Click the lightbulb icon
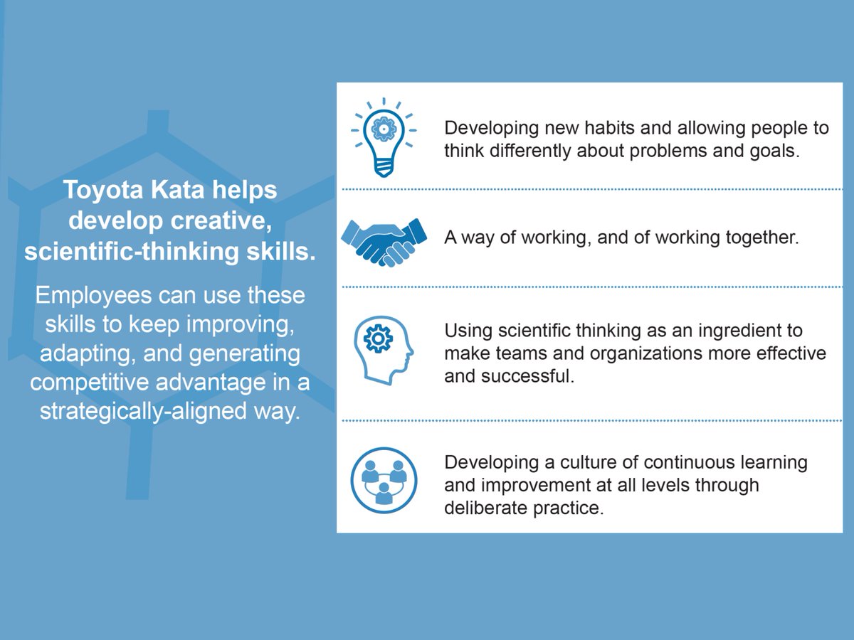[x=384, y=137]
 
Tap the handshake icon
[x=384, y=242]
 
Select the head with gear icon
[x=384, y=350]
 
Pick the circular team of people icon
[x=384, y=480]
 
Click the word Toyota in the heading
[x=102, y=190]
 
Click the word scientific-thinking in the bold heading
[x=131, y=252]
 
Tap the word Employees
[x=93, y=296]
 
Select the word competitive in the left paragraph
[x=90, y=383]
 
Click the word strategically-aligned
[x=143, y=412]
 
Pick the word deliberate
[x=485, y=508]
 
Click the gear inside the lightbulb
[x=384, y=129]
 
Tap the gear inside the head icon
[x=378, y=339]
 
